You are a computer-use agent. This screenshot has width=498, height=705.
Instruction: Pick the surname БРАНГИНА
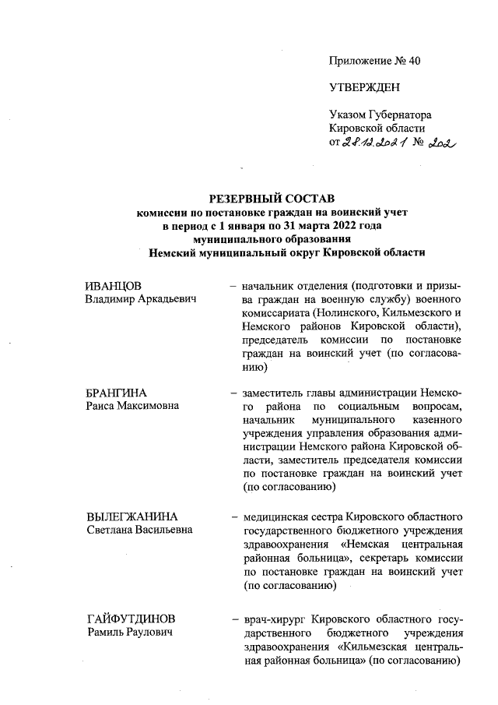[x=117, y=392]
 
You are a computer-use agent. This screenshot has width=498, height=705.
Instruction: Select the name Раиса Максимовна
[x=132, y=406]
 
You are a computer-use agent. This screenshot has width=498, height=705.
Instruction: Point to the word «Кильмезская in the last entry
[x=375, y=647]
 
